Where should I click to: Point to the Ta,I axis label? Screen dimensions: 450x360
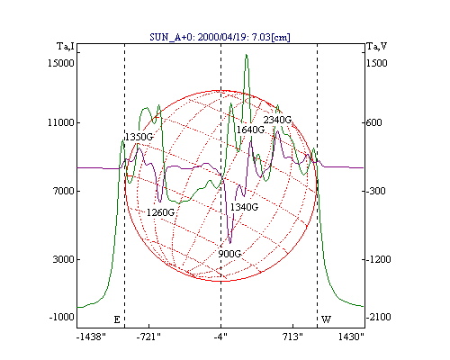(66, 47)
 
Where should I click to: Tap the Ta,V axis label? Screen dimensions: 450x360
(377, 47)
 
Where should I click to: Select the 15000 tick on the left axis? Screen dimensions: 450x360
(61, 63)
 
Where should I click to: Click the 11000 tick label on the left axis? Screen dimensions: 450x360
(61, 122)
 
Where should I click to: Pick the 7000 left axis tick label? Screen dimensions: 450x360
(63, 191)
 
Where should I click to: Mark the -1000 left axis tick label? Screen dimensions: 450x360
(61, 317)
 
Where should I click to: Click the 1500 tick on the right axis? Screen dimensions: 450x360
(377, 63)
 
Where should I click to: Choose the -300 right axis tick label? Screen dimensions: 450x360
(376, 191)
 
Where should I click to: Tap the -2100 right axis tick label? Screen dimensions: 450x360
(379, 317)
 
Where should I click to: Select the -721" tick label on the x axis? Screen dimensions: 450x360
(148, 337)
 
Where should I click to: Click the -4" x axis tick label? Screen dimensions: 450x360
(220, 337)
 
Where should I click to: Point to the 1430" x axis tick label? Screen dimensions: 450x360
(351, 337)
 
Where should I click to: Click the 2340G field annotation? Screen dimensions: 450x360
(277, 120)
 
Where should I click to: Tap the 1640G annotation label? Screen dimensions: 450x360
(250, 130)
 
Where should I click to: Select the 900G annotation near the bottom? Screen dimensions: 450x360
(229, 254)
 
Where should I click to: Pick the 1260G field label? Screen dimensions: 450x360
(160, 212)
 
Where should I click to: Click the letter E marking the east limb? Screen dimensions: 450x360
(117, 319)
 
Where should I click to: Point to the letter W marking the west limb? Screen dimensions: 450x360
(326, 319)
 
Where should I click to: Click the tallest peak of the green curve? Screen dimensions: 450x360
(247, 55)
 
